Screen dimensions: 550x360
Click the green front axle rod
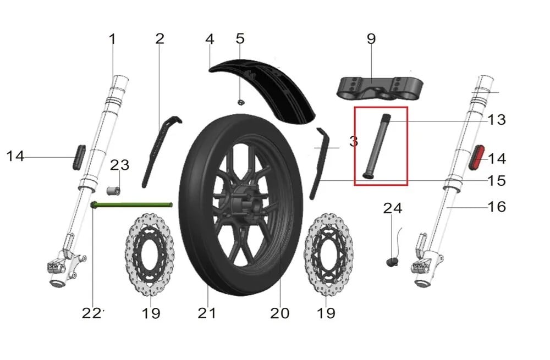(x=131, y=205)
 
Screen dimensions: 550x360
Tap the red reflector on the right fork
(x=476, y=157)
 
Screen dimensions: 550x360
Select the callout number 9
(x=371, y=38)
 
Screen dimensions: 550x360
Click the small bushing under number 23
(x=113, y=191)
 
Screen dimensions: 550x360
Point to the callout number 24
(x=393, y=208)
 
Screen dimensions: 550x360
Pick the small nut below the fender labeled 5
(x=241, y=102)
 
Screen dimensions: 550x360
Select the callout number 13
(x=497, y=120)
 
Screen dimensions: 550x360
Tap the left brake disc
(x=150, y=254)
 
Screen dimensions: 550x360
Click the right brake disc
(x=329, y=254)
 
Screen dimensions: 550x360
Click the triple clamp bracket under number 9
(x=380, y=87)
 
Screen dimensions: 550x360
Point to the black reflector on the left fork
(x=79, y=157)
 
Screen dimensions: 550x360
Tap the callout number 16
(x=497, y=207)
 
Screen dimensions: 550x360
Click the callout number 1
(x=112, y=39)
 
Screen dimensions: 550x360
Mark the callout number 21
(x=207, y=313)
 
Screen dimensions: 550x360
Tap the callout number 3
(x=354, y=141)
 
